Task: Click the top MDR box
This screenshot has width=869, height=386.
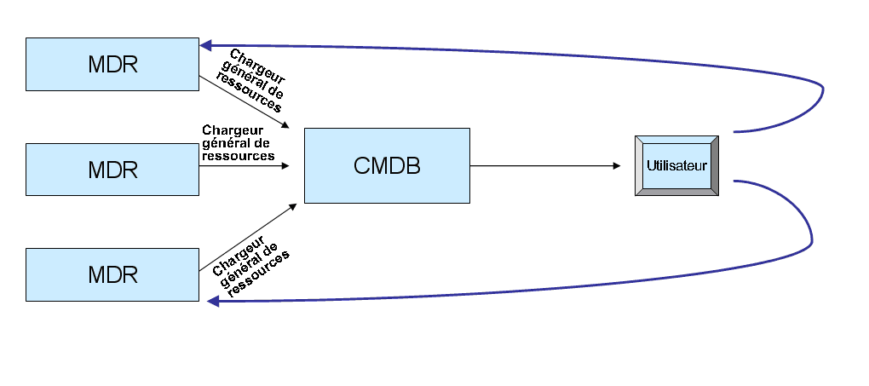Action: [112, 64]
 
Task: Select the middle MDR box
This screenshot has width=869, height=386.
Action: [112, 169]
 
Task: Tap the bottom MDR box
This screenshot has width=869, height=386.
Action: [112, 274]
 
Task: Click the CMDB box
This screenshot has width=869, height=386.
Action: [387, 165]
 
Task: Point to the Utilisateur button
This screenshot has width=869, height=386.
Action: [677, 165]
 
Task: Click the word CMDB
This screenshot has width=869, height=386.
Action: [387, 165]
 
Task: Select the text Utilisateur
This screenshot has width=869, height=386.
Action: [676, 165]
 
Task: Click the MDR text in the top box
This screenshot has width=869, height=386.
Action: [112, 65]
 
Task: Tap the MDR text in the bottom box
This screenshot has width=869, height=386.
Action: [112, 275]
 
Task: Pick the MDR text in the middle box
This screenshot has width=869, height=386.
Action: [112, 170]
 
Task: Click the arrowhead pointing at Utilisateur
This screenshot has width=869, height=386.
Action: [616, 165]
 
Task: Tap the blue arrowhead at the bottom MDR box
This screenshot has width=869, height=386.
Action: [213, 302]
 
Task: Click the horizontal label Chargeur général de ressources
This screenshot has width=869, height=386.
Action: [238, 143]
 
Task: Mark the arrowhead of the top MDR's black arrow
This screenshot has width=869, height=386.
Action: [295, 126]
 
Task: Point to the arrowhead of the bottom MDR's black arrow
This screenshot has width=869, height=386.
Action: [293, 205]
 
